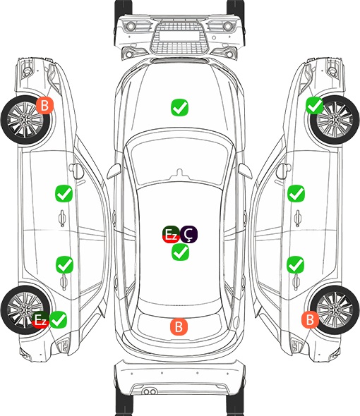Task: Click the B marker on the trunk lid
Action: (x=179, y=326)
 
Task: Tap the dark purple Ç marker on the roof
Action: (x=188, y=234)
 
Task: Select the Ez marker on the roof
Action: (x=171, y=234)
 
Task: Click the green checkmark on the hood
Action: (x=179, y=107)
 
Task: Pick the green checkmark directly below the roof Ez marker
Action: (x=180, y=252)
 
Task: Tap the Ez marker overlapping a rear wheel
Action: (x=40, y=319)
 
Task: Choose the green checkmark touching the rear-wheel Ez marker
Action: (x=58, y=319)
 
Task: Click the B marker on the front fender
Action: (x=45, y=105)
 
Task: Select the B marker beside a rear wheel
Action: (x=310, y=319)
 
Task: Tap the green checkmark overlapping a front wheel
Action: (x=315, y=105)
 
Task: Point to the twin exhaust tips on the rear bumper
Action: (x=150, y=392)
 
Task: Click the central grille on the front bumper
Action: (x=179, y=37)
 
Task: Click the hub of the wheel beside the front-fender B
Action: (x=25, y=120)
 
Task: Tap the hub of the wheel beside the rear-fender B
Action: (x=335, y=310)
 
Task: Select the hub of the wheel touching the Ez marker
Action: (x=25, y=310)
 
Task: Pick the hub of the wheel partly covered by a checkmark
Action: (x=335, y=120)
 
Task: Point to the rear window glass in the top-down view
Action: (x=179, y=322)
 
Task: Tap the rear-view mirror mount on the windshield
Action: (x=180, y=173)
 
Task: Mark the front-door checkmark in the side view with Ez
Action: (x=64, y=194)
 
